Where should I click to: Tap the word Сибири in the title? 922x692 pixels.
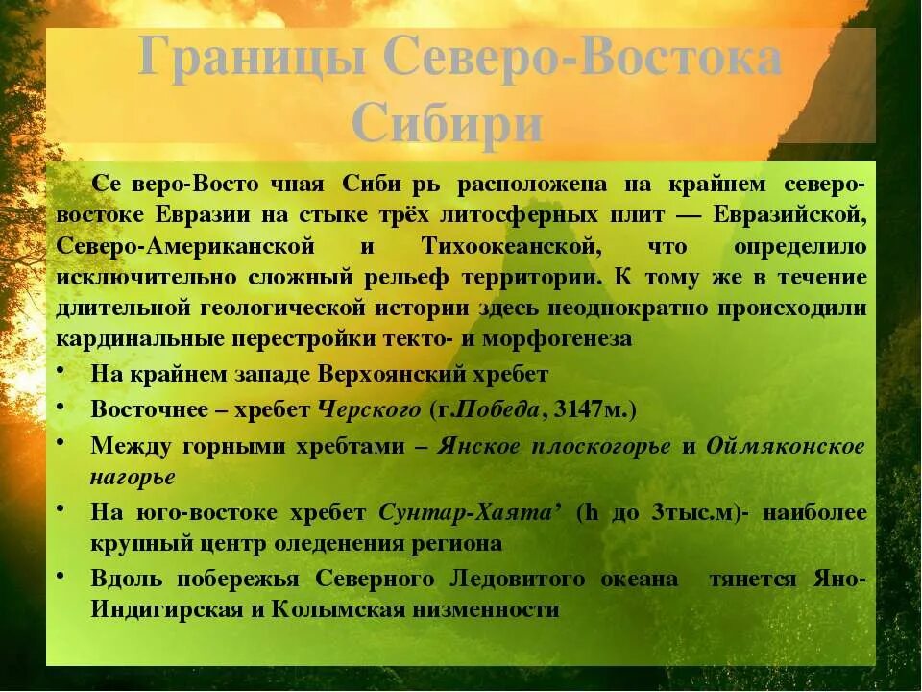pyautogui.click(x=448, y=123)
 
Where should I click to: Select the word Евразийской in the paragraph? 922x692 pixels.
pyautogui.click(x=790, y=214)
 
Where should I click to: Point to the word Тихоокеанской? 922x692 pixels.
pyautogui.click(x=510, y=246)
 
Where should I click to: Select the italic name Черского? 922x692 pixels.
pyautogui.click(x=370, y=409)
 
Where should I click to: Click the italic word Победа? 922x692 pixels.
pyautogui.click(x=501, y=409)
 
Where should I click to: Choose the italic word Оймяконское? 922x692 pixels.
pyautogui.click(x=786, y=446)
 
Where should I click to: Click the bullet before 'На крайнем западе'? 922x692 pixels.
pyautogui.click(x=61, y=371)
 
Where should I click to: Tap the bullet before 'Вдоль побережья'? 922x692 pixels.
pyautogui.click(x=61, y=576)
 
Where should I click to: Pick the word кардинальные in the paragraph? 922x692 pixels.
pyautogui.click(x=136, y=339)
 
